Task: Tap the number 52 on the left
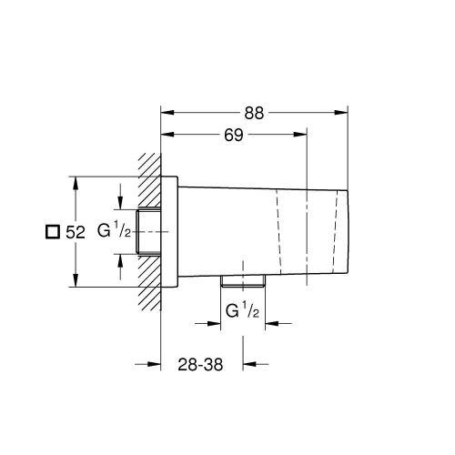tap(75, 232)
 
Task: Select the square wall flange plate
tap(168, 232)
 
